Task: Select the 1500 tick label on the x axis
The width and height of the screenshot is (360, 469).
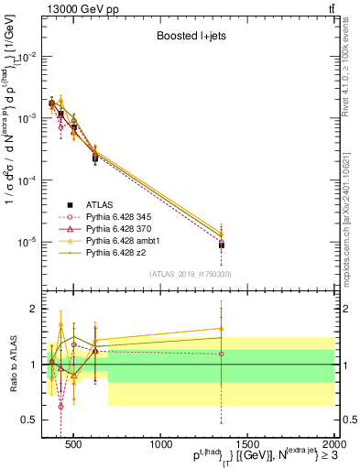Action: tap(247, 445)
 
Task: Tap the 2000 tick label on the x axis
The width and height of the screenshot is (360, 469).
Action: tap(333, 445)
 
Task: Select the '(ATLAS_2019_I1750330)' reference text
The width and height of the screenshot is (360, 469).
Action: tap(190, 274)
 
